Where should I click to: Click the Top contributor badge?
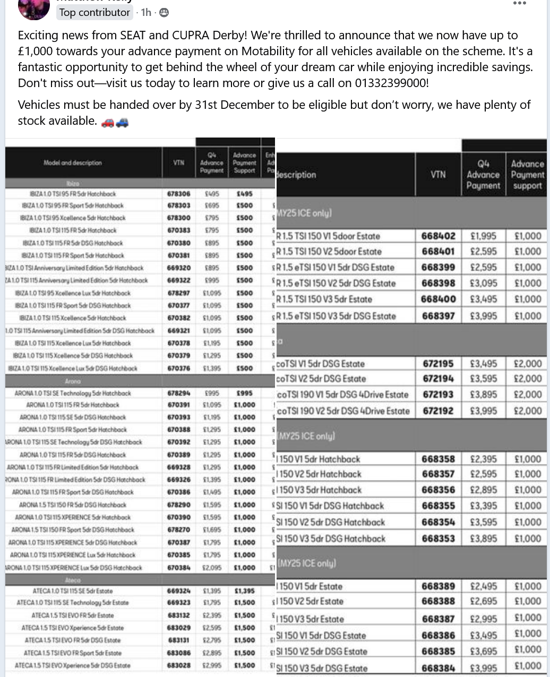click(94, 12)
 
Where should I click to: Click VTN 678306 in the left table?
click(178, 194)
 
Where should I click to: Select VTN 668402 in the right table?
click(438, 236)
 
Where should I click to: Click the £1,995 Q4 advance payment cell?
click(483, 236)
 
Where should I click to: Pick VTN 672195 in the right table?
click(438, 364)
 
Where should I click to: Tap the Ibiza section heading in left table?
click(73, 183)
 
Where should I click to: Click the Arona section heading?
click(73, 381)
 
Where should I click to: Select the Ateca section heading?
click(73, 580)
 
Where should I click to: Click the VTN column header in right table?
click(438, 174)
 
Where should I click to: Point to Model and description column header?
click(73, 162)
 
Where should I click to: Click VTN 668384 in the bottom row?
click(438, 667)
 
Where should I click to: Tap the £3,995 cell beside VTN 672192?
click(483, 410)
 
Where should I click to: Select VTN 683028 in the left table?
click(178, 665)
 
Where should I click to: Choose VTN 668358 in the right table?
click(438, 459)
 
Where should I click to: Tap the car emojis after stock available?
click(115, 122)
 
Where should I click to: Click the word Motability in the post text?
click(268, 52)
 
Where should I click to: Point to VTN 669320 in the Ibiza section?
click(178, 268)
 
